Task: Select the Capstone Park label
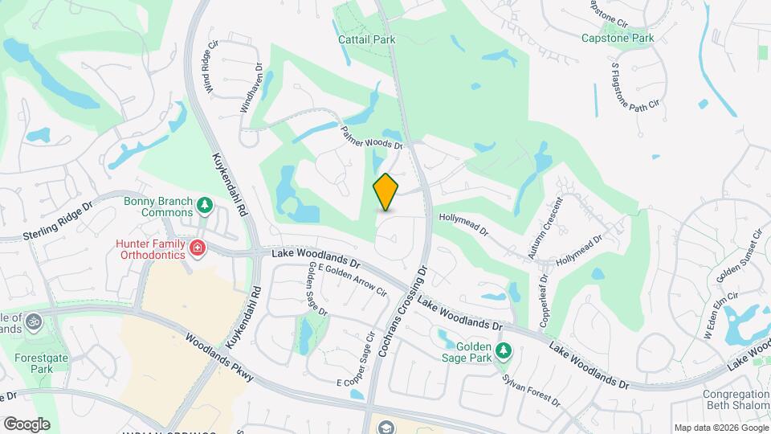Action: [x=618, y=38]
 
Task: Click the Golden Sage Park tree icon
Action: [x=504, y=350]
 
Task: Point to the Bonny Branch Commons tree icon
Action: [x=205, y=205]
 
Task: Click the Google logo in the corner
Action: [x=27, y=424]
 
